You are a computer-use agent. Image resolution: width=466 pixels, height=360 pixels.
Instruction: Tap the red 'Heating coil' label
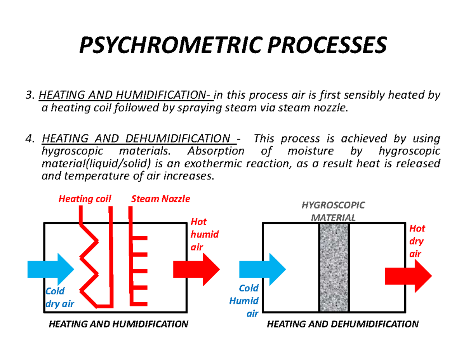click(x=85, y=199)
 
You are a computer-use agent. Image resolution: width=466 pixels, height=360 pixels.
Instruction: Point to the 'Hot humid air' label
click(x=204, y=234)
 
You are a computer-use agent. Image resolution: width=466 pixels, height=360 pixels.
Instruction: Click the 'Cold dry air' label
click(x=59, y=297)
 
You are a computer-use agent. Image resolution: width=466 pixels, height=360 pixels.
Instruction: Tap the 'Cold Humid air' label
click(x=249, y=301)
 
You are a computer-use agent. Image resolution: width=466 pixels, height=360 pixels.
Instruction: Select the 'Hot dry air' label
click(x=416, y=241)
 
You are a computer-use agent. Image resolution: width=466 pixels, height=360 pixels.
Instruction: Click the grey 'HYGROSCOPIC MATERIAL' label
click(x=334, y=211)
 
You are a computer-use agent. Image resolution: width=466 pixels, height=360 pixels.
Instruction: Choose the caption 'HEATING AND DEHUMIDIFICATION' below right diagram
click(x=343, y=324)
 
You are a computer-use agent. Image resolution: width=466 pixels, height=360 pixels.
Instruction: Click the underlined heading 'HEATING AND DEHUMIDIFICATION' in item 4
click(x=136, y=139)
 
